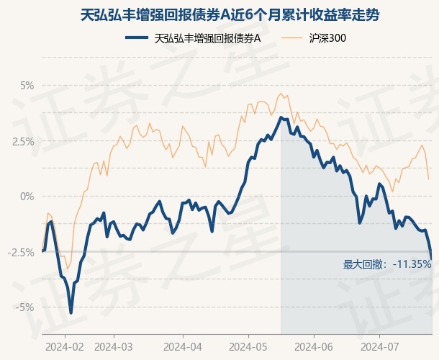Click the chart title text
(230, 15)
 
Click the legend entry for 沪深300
(327, 38)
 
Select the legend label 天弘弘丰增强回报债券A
(207, 38)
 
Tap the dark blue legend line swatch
(137, 38)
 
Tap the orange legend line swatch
(291, 38)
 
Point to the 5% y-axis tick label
(27, 86)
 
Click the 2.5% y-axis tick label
(23, 141)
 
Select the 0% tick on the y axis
(27, 197)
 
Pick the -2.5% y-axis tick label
(21, 253)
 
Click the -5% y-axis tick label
(24, 307)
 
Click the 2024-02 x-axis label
(65, 347)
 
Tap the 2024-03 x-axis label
(114, 347)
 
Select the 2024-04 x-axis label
(183, 347)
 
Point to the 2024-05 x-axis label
(248, 347)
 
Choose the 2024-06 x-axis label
(314, 347)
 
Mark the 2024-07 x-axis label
(380, 347)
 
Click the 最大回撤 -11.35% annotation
(387, 264)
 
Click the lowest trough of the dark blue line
(71, 312)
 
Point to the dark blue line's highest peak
(281, 117)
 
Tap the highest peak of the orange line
(281, 94)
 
